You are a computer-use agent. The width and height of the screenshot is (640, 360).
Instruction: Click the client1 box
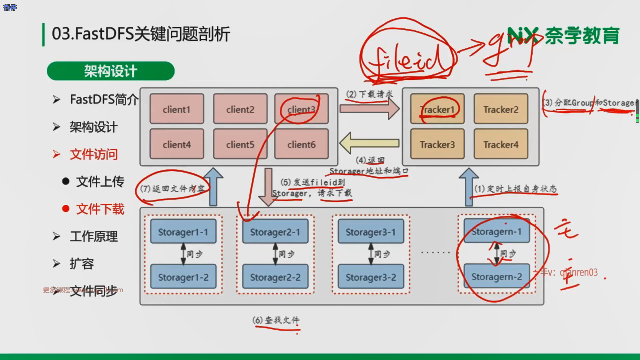tap(177, 109)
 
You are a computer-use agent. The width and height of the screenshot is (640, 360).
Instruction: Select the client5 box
tap(240, 144)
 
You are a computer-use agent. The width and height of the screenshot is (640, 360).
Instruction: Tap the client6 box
tap(301, 144)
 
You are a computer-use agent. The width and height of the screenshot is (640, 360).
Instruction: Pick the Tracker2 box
tap(501, 109)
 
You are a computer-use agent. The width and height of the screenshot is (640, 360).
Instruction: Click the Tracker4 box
tap(501, 144)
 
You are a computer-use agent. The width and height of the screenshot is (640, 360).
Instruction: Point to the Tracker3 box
tap(437, 144)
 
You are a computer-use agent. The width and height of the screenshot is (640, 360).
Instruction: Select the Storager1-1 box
tap(183, 232)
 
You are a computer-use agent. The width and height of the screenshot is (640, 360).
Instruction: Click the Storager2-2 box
tap(275, 277)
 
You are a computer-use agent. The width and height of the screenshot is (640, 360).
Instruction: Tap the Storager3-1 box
tap(371, 232)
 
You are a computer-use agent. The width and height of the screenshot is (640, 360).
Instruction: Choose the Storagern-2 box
tap(496, 277)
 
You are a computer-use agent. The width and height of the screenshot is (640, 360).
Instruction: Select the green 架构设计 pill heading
tap(111, 71)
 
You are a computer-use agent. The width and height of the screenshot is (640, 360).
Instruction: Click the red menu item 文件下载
tap(100, 209)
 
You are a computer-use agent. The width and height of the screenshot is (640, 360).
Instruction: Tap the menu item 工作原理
tap(93, 236)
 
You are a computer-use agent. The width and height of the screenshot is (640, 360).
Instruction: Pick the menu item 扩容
tap(82, 264)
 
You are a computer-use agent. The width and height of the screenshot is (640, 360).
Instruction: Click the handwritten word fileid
tap(407, 60)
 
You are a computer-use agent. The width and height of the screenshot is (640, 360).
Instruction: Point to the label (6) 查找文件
tap(276, 320)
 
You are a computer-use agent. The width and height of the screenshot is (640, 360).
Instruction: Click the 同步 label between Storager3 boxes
tap(382, 254)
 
